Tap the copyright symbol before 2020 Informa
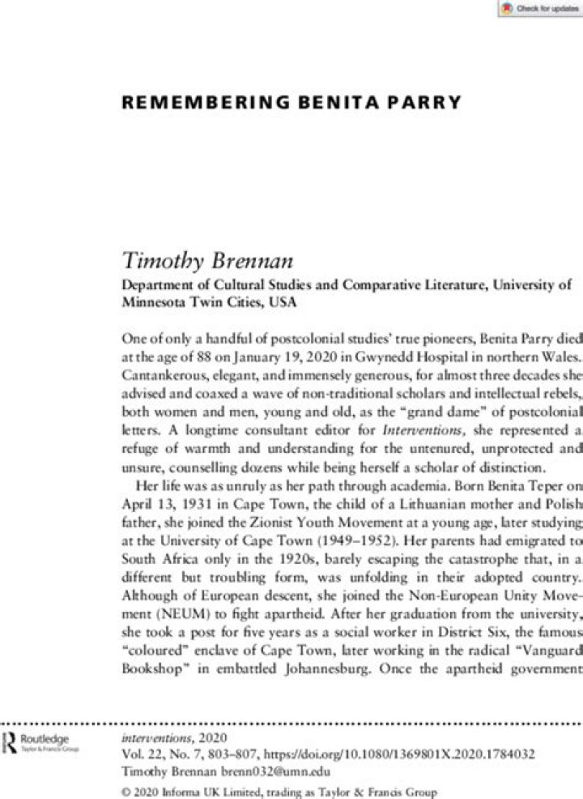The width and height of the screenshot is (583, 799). coord(125,791)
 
